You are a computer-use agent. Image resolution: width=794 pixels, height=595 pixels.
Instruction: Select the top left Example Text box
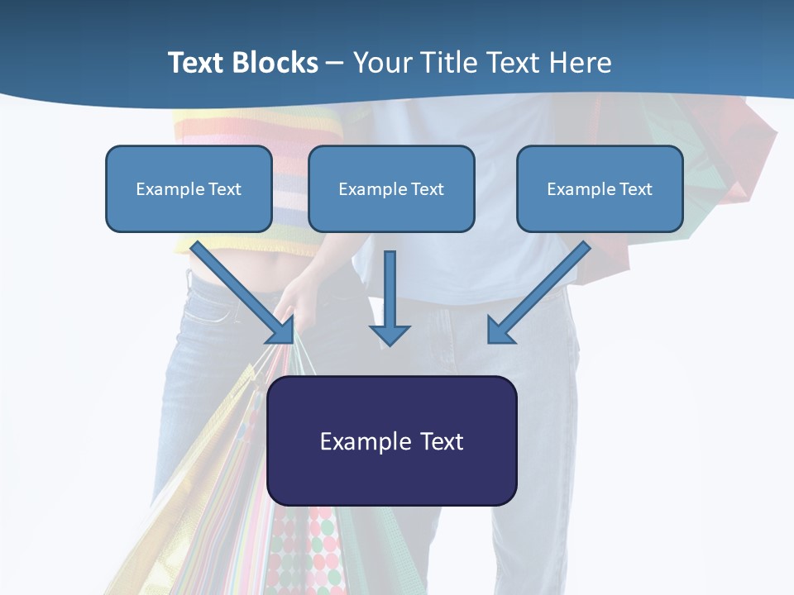pyautogui.click(x=189, y=188)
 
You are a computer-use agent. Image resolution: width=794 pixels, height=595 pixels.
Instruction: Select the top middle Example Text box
pyautogui.click(x=391, y=188)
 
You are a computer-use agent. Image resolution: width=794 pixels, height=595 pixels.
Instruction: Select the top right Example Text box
pyautogui.click(x=600, y=188)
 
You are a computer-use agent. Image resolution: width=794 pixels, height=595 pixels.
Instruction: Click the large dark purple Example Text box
pyautogui.click(x=392, y=440)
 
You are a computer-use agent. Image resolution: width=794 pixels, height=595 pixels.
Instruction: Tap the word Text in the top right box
pyautogui.click(x=635, y=189)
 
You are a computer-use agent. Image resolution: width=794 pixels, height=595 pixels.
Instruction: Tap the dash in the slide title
pyautogui.click(x=335, y=64)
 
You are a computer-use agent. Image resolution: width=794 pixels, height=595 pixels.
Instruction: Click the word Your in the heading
pyautogui.click(x=382, y=63)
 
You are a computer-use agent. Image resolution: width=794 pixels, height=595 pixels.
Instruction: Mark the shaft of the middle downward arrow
pyautogui.click(x=390, y=285)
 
